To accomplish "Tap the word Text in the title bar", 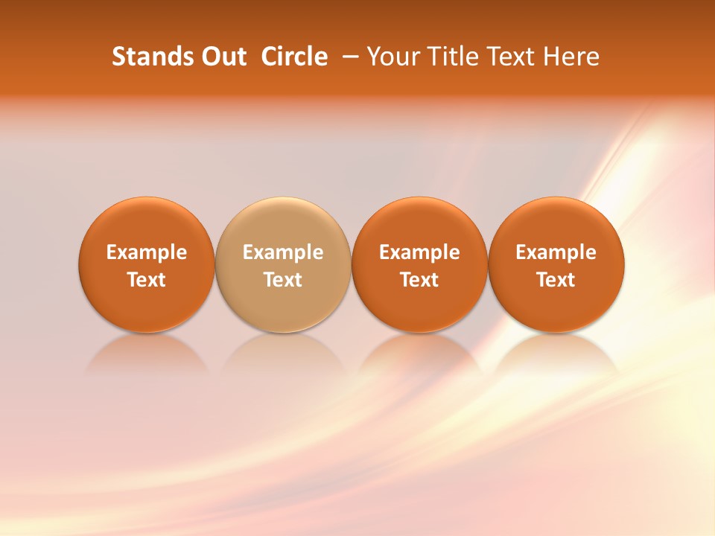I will (x=506, y=57).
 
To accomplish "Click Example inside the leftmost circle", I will (x=147, y=252).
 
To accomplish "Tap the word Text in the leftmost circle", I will (x=147, y=280).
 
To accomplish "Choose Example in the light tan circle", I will (x=283, y=252).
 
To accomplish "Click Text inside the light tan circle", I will (x=283, y=280).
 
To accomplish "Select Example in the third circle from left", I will (x=419, y=252).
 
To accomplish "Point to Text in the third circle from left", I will (x=419, y=280).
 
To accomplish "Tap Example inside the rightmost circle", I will (x=556, y=252).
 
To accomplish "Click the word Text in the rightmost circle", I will (x=556, y=280).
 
